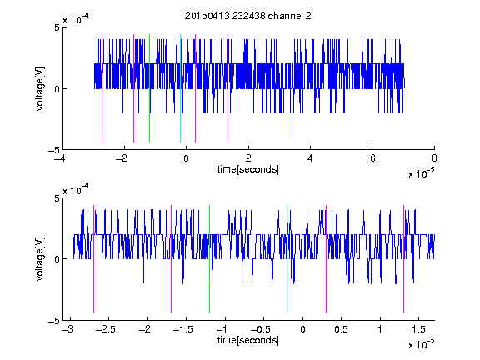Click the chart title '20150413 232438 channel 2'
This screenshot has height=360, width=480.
click(248, 16)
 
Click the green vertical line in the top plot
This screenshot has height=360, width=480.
click(149, 88)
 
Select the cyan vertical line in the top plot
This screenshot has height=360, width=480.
click(180, 88)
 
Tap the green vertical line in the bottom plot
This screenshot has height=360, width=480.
click(209, 259)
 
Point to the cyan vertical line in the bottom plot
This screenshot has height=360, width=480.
click(287, 259)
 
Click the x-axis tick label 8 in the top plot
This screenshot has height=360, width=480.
click(434, 158)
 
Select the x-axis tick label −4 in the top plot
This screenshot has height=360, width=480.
click(61, 158)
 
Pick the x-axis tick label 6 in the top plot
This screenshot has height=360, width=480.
click(372, 158)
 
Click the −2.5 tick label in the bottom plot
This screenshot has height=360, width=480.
click(105, 329)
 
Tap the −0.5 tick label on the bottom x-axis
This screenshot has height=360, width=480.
click(260, 329)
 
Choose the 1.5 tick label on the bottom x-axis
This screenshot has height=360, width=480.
click(419, 329)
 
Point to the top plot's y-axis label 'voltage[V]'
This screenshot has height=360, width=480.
click(40, 89)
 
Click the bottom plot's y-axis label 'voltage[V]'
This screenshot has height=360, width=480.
click(40, 259)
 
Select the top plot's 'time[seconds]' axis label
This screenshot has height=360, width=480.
click(248, 169)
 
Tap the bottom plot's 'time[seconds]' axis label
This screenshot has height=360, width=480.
click(248, 340)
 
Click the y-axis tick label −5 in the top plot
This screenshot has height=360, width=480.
click(54, 150)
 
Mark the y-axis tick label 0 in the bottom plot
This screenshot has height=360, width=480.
click(57, 260)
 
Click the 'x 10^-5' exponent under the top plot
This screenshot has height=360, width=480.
click(421, 173)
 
